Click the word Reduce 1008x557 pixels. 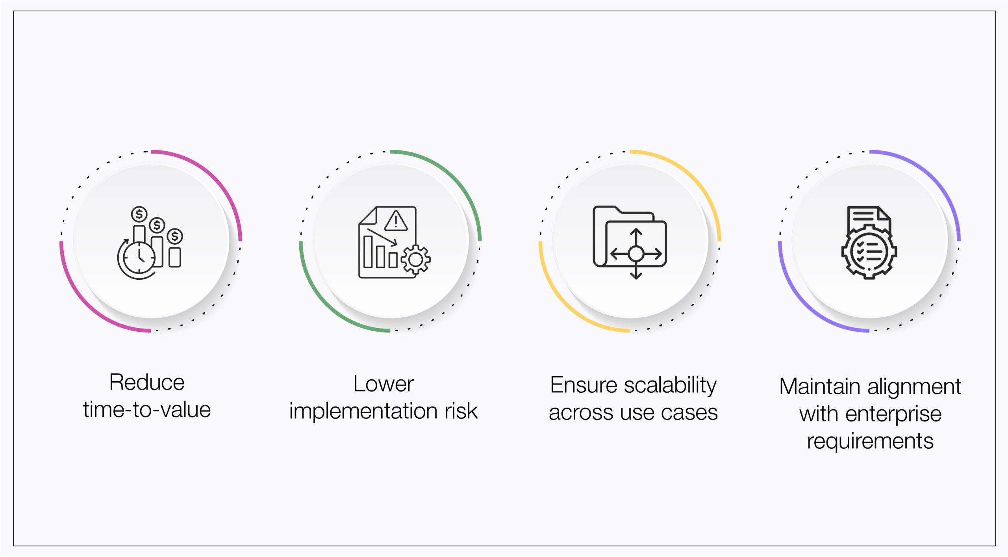pyautogui.click(x=147, y=382)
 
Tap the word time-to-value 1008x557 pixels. pyautogui.click(x=147, y=410)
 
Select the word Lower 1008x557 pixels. pyautogui.click(x=384, y=384)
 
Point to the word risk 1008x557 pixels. pyautogui.click(x=461, y=411)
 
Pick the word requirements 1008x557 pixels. pyautogui.click(x=870, y=441)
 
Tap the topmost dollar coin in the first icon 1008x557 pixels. pyautogui.click(x=139, y=214)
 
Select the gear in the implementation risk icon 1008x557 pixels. pyautogui.click(x=416, y=260)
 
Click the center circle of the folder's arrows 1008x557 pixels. pyautogui.click(x=636, y=254)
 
